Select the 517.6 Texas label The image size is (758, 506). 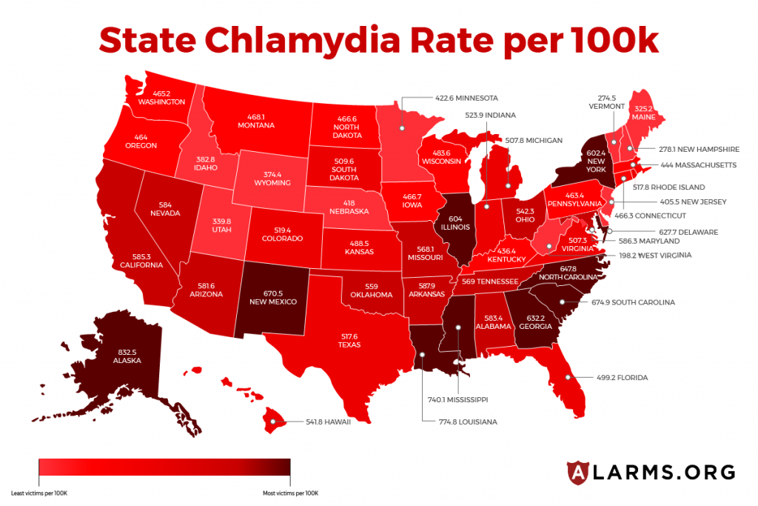point(349,340)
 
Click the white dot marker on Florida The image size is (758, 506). point(568,377)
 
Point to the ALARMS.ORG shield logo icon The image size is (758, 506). point(578,471)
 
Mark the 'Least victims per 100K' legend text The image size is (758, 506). point(38,493)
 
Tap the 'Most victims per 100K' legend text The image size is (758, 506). point(290,493)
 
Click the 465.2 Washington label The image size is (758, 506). point(164,97)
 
